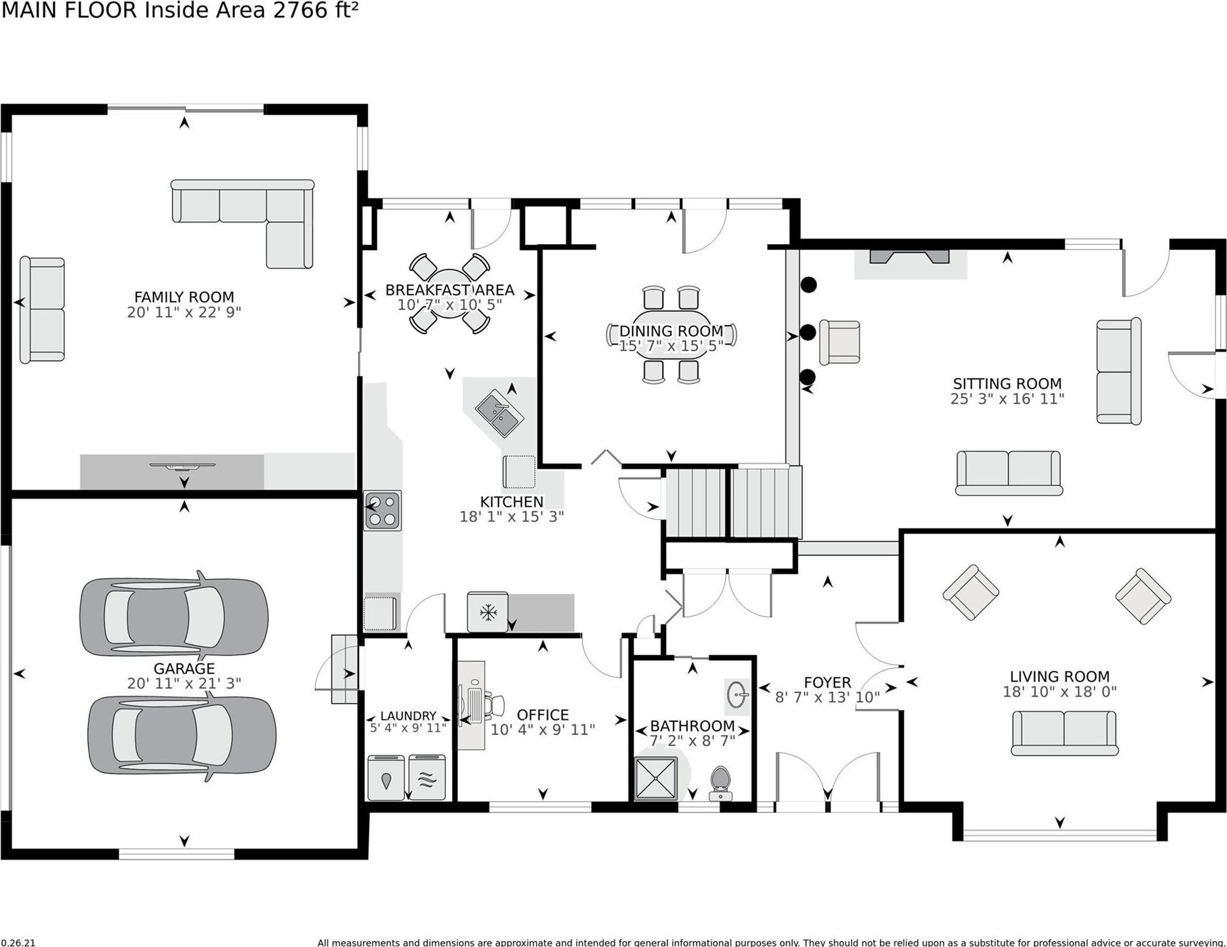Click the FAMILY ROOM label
184,297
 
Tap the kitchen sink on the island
499,413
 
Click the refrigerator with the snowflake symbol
488,612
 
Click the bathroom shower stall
655,779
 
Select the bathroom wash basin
738,694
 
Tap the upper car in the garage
174,617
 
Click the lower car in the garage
182,736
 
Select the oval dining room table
671,335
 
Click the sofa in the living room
1064,732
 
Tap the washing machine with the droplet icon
386,778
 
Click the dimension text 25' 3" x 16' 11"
1007,399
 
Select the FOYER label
827,683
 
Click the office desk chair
493,704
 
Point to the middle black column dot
808,332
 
